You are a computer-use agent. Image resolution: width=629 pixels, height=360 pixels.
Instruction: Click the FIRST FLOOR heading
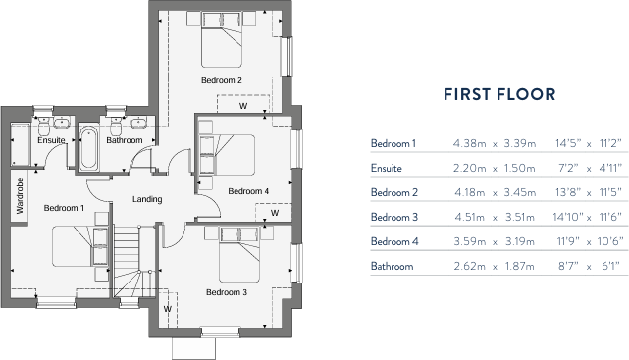click(499, 94)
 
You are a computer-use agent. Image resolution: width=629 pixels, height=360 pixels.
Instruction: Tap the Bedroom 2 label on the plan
click(222, 80)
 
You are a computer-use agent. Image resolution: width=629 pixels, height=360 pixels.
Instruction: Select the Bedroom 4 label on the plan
click(248, 190)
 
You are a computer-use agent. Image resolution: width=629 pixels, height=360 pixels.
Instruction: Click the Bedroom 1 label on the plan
click(64, 208)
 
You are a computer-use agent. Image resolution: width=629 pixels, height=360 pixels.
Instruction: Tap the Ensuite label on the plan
click(51, 140)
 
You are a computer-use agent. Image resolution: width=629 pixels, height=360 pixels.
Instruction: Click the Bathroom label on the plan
click(125, 140)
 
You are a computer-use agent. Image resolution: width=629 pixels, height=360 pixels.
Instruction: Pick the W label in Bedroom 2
click(242, 105)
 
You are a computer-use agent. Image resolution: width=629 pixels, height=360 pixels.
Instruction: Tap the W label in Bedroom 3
click(168, 309)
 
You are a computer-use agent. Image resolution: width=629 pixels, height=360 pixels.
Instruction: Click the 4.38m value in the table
click(468, 144)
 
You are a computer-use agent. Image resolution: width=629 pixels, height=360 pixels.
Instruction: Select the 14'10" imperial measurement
click(571, 241)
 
